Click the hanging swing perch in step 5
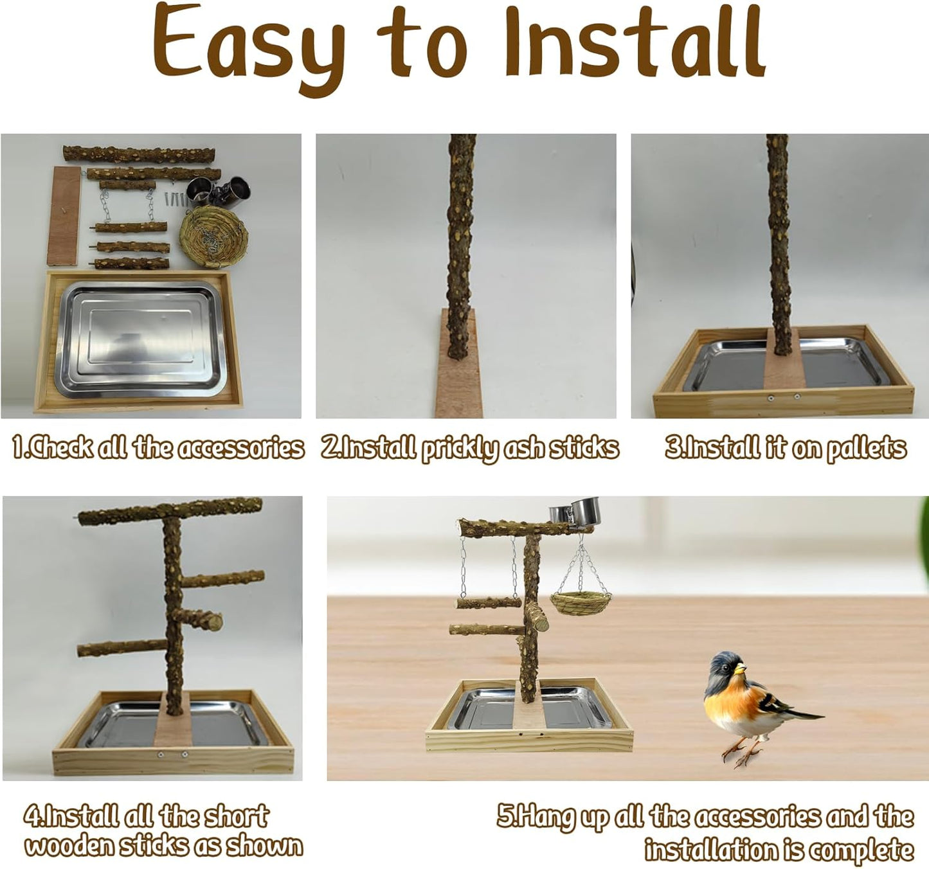[x=489, y=602]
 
